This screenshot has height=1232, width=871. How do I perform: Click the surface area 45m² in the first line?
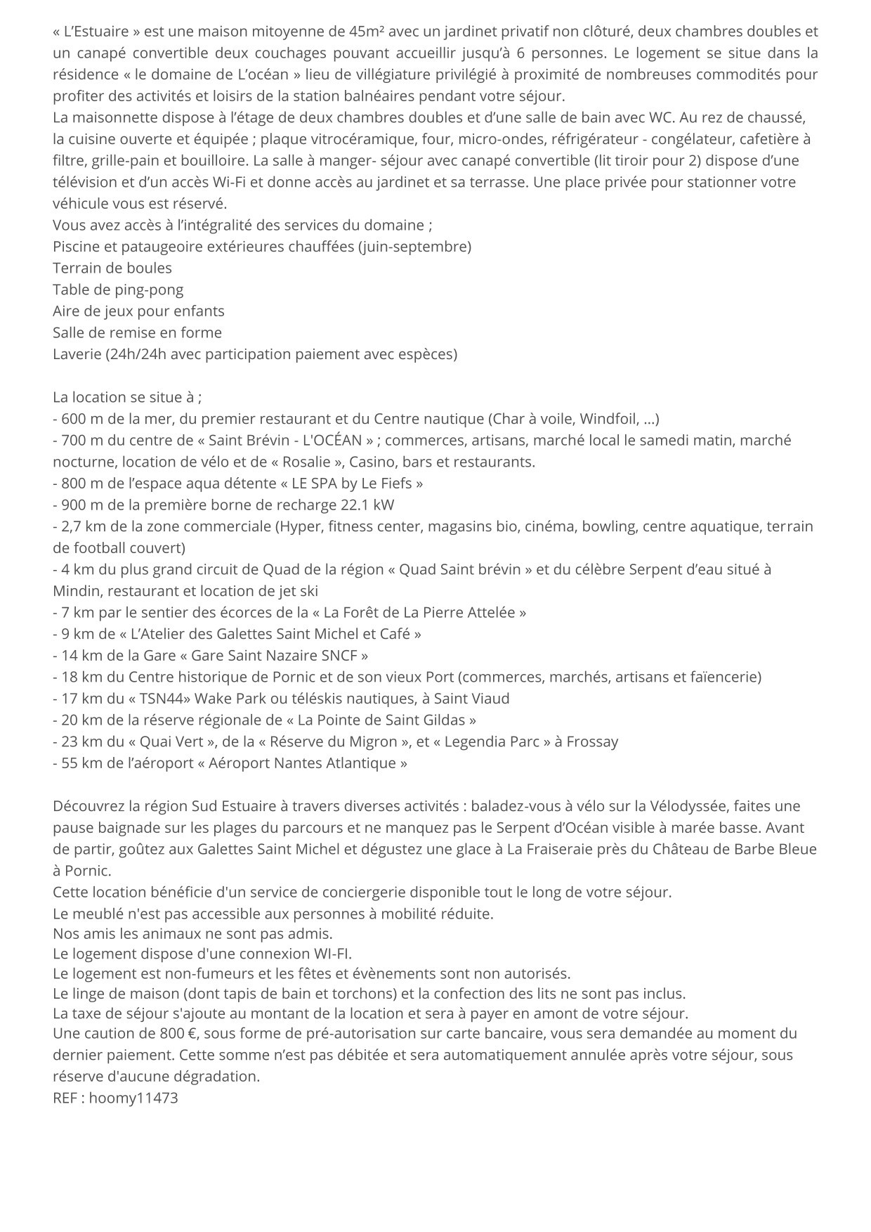365,32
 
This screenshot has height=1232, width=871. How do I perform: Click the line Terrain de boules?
112,268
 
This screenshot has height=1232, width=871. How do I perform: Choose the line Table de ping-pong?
118,290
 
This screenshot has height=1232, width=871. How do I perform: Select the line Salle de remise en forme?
137,332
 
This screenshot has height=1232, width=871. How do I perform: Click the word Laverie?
77,354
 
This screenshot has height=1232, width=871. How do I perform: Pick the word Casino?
372,462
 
